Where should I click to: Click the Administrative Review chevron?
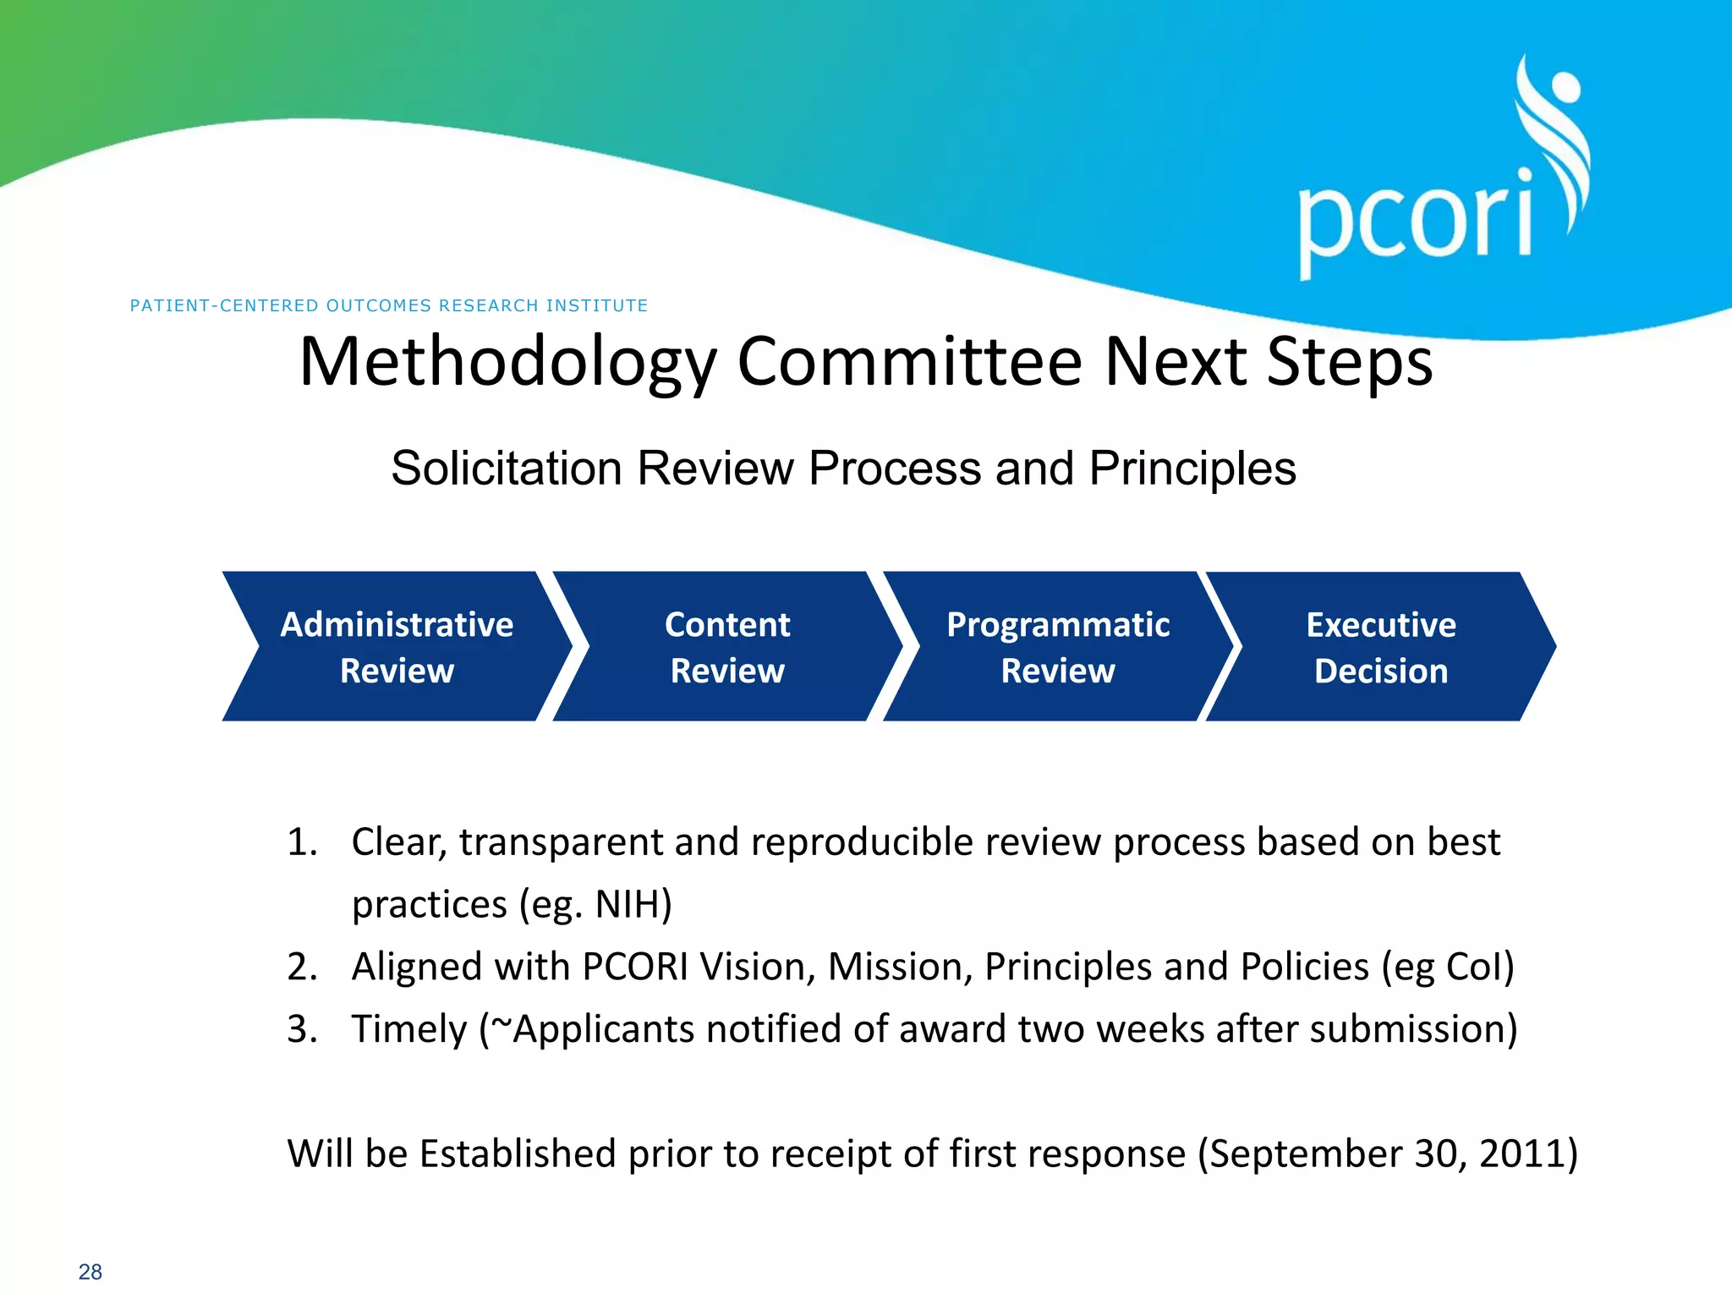point(397,647)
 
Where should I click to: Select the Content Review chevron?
point(727,647)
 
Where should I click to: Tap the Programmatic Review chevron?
point(1058,647)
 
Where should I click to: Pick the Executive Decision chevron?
point(1381,647)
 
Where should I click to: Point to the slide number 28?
point(90,1272)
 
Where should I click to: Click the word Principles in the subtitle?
point(1192,469)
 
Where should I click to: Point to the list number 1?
point(302,842)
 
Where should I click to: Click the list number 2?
point(302,967)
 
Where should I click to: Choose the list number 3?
point(302,1029)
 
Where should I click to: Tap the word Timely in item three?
point(409,1029)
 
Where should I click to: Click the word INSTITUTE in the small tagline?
point(597,305)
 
